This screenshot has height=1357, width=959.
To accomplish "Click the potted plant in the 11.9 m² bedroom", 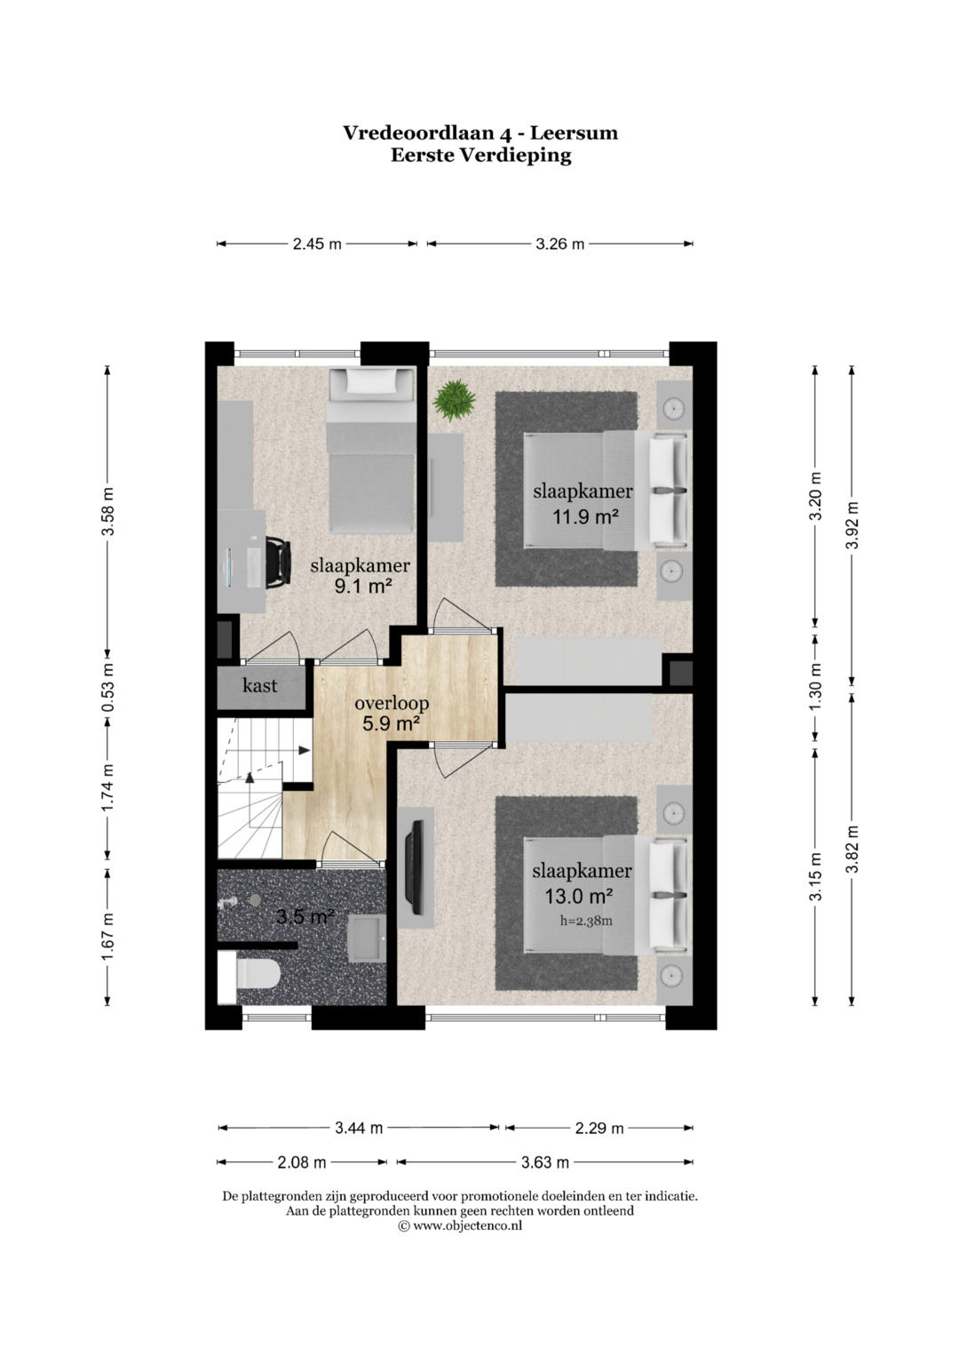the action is click(x=454, y=400).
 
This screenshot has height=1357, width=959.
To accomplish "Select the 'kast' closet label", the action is click(x=259, y=686).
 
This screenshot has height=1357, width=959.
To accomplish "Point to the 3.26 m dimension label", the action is click(x=560, y=244).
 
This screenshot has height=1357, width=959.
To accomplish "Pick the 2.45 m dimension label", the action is click(x=317, y=244).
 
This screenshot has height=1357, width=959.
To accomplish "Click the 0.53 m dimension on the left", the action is click(x=107, y=689).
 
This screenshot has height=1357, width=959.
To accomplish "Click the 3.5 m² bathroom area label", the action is click(x=305, y=916).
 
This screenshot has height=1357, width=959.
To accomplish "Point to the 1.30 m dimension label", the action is click(x=815, y=688).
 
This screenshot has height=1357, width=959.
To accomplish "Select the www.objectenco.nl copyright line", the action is click(x=460, y=1225).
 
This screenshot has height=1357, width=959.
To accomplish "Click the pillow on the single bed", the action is click(x=370, y=380).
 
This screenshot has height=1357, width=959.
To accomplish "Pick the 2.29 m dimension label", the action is click(x=599, y=1128).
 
